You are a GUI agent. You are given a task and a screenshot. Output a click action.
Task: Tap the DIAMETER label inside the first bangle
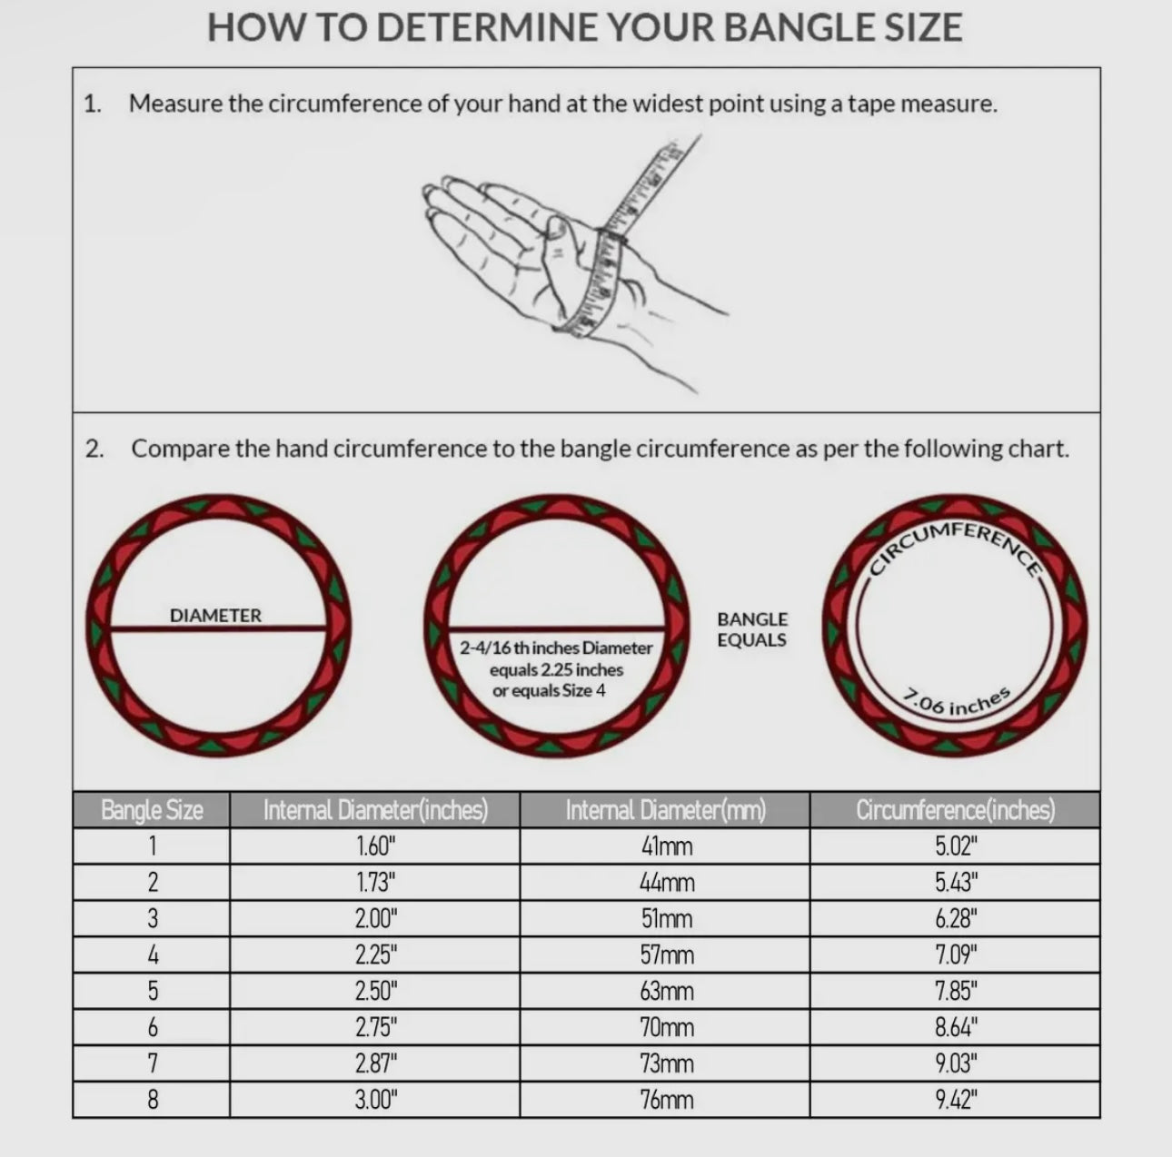pos(215,616)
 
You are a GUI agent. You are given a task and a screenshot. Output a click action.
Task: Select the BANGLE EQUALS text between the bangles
pos(751,629)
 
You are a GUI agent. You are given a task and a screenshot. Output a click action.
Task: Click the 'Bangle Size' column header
pos(152,810)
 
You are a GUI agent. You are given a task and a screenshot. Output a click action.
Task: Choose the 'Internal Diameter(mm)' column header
pos(665,810)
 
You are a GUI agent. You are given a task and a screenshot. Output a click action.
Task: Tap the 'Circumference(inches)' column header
pos(956,810)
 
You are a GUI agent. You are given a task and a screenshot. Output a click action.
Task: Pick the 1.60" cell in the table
pos(375,845)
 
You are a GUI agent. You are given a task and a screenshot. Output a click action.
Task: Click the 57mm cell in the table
pos(667,955)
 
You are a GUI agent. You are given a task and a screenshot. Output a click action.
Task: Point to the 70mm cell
pos(667,1027)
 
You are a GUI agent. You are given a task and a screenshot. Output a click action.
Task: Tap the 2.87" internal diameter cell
pos(376,1064)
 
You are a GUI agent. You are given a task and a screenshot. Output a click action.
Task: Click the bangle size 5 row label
pos(153,991)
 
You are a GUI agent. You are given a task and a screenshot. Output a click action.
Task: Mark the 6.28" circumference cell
pos(956,919)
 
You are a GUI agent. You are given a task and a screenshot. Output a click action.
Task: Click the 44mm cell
pos(667,882)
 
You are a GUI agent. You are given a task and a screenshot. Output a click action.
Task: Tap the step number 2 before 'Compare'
pos(94,449)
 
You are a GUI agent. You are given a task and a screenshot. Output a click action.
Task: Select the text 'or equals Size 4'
pos(549,691)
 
